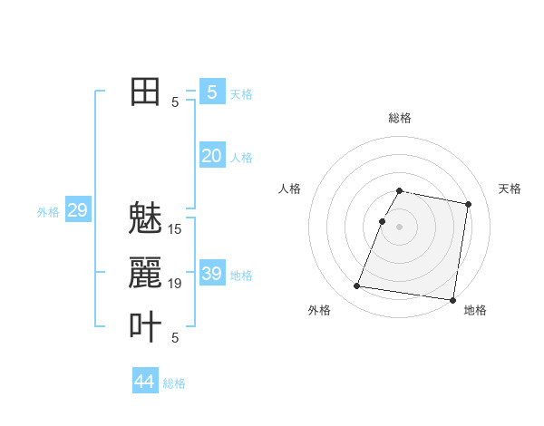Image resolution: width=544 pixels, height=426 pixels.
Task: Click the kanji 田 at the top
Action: (x=145, y=92)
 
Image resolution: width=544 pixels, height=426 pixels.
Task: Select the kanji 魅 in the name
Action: (x=145, y=219)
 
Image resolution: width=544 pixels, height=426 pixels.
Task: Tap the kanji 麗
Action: (x=145, y=274)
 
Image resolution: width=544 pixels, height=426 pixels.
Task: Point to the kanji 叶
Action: (x=145, y=326)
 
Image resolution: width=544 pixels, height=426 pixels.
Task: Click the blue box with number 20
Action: (x=211, y=156)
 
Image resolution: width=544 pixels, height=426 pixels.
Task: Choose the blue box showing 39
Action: (x=211, y=274)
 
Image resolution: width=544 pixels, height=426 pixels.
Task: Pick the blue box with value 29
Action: (x=77, y=211)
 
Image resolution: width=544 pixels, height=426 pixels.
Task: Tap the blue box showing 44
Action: (x=144, y=382)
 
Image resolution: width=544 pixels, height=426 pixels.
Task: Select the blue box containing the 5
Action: (x=211, y=92)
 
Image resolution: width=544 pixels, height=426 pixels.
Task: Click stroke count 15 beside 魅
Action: (x=175, y=229)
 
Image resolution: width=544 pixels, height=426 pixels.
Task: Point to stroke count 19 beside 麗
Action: (x=175, y=284)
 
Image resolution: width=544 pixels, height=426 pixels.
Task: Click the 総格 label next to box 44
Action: (x=174, y=383)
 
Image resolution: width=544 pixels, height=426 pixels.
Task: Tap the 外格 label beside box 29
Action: (x=48, y=212)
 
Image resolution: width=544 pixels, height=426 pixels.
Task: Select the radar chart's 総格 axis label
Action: (x=400, y=118)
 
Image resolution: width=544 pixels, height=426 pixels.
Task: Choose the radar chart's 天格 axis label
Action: (x=510, y=189)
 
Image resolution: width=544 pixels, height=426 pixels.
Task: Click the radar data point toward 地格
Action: (x=452, y=299)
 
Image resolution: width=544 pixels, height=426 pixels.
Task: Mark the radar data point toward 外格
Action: (x=357, y=286)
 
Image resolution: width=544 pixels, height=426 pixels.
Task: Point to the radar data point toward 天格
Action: (x=468, y=205)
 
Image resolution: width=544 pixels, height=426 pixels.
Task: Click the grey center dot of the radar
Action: (x=400, y=227)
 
